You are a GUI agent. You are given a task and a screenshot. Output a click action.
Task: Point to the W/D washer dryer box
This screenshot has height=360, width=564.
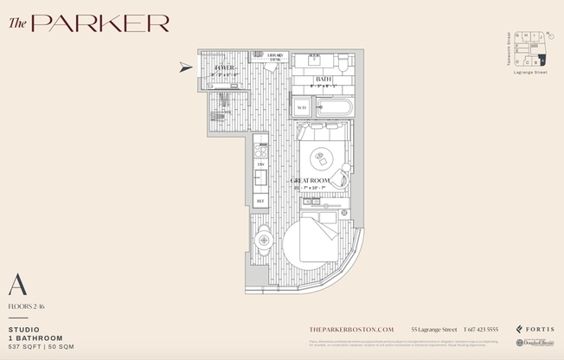[x=302, y=107]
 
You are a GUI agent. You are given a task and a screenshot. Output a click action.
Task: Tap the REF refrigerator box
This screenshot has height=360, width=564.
[x=260, y=200]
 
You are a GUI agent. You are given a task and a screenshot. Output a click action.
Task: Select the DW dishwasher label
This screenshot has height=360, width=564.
[x=260, y=164]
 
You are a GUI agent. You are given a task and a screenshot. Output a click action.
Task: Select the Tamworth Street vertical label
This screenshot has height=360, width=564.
[x=507, y=48]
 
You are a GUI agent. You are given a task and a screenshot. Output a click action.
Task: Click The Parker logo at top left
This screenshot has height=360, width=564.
[x=89, y=23]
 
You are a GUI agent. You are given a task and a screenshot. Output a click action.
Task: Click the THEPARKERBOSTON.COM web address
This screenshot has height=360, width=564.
[x=351, y=330]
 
